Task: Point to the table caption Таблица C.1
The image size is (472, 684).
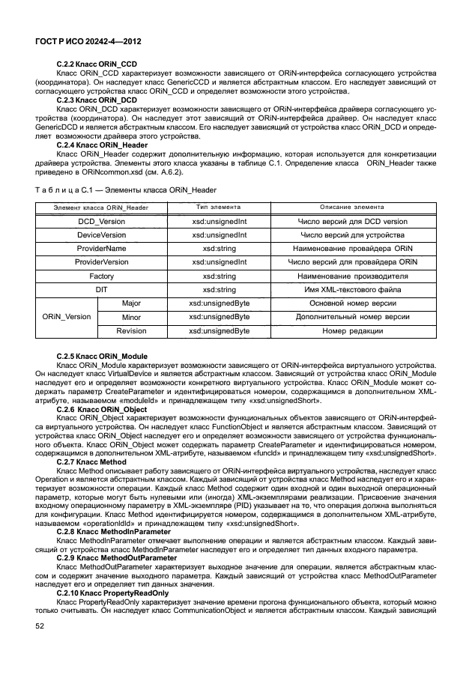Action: (125, 190)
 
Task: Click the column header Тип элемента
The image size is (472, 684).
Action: (219, 207)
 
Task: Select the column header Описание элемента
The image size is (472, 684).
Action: (352, 207)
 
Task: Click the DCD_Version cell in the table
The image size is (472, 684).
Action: (101, 222)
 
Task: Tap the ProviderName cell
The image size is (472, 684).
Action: (101, 249)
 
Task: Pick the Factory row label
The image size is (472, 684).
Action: (101, 276)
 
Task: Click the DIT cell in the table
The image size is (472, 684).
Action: (101, 289)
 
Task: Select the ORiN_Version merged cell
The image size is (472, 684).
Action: (67, 317)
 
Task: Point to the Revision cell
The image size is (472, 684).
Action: (131, 330)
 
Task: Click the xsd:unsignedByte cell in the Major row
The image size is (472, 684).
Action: (219, 303)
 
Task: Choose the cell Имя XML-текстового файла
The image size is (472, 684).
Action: (352, 289)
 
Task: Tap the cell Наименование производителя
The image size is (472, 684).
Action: (352, 276)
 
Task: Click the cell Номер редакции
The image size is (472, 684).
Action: (352, 330)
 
